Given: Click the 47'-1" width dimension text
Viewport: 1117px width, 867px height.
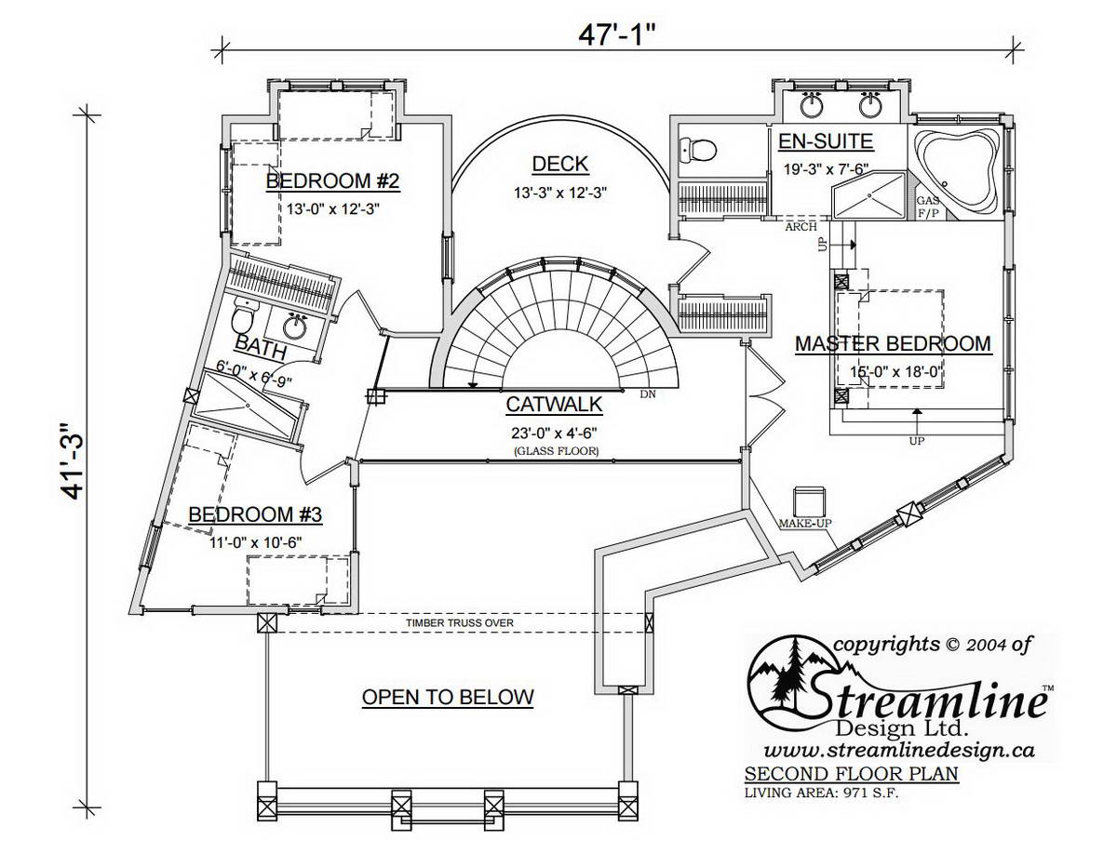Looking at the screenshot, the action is point(617,35).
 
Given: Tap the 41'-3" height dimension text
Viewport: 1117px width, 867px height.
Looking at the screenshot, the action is point(70,461).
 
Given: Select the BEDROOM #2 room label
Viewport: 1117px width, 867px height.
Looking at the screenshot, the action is point(332,180).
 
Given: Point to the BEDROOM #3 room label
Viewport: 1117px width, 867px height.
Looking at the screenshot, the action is point(255,514).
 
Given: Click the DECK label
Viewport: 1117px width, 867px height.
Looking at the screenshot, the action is point(559,164).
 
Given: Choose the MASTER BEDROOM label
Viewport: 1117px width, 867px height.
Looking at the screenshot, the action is point(893,343).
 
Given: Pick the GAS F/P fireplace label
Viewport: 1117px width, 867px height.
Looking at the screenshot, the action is point(927,207).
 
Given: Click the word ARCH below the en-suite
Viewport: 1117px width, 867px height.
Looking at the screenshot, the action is point(801,226).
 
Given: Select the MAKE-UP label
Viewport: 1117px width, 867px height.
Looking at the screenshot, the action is point(805,523).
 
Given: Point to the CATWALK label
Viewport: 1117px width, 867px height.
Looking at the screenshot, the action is point(554,405).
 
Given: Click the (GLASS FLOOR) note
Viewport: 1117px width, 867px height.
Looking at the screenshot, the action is point(556,451).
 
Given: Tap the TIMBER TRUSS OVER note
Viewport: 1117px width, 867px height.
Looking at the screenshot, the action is point(460,623).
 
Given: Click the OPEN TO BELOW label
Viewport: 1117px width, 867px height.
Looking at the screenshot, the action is point(448,697).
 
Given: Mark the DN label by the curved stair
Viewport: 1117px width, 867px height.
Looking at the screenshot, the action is point(648,394).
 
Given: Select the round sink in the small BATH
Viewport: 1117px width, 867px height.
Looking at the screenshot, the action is point(294,327).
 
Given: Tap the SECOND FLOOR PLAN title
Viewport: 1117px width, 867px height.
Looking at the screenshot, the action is point(851,774).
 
